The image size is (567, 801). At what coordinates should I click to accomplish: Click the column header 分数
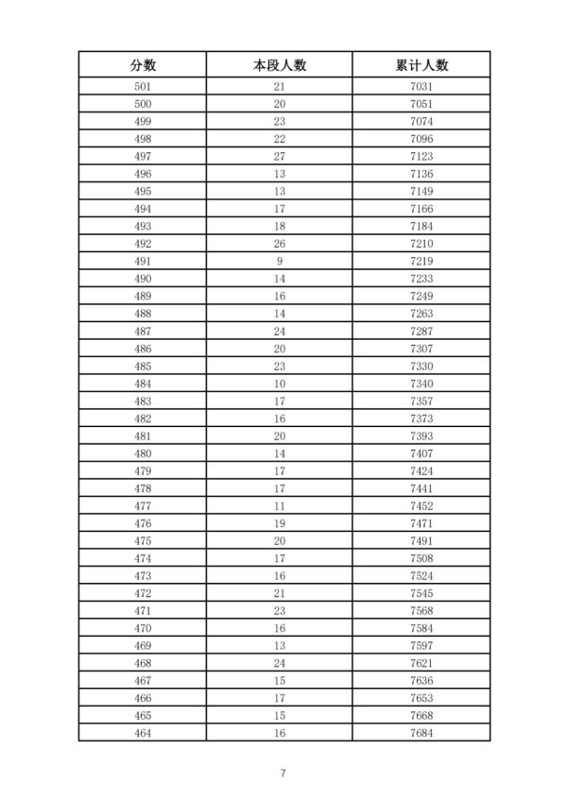(143, 64)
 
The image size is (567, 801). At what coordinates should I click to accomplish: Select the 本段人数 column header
(280, 64)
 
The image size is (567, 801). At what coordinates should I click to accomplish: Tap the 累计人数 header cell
(421, 64)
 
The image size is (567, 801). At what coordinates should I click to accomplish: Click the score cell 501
(143, 87)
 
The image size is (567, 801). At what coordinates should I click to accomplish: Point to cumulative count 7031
(421, 87)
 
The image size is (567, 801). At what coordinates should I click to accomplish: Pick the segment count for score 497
(280, 157)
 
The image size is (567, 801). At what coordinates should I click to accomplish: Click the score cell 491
(143, 261)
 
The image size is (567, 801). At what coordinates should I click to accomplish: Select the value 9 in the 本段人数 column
(280, 261)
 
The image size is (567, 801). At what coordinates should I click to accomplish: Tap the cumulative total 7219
(421, 261)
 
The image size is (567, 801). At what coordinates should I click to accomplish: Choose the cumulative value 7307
(421, 348)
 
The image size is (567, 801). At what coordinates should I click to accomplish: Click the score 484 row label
(143, 383)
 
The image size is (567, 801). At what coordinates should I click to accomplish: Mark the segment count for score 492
(280, 244)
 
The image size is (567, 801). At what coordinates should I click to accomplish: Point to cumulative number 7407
(421, 452)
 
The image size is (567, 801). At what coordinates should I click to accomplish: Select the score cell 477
(143, 504)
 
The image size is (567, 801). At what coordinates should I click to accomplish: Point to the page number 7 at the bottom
(283, 774)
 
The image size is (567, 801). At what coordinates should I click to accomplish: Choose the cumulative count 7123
(421, 157)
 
